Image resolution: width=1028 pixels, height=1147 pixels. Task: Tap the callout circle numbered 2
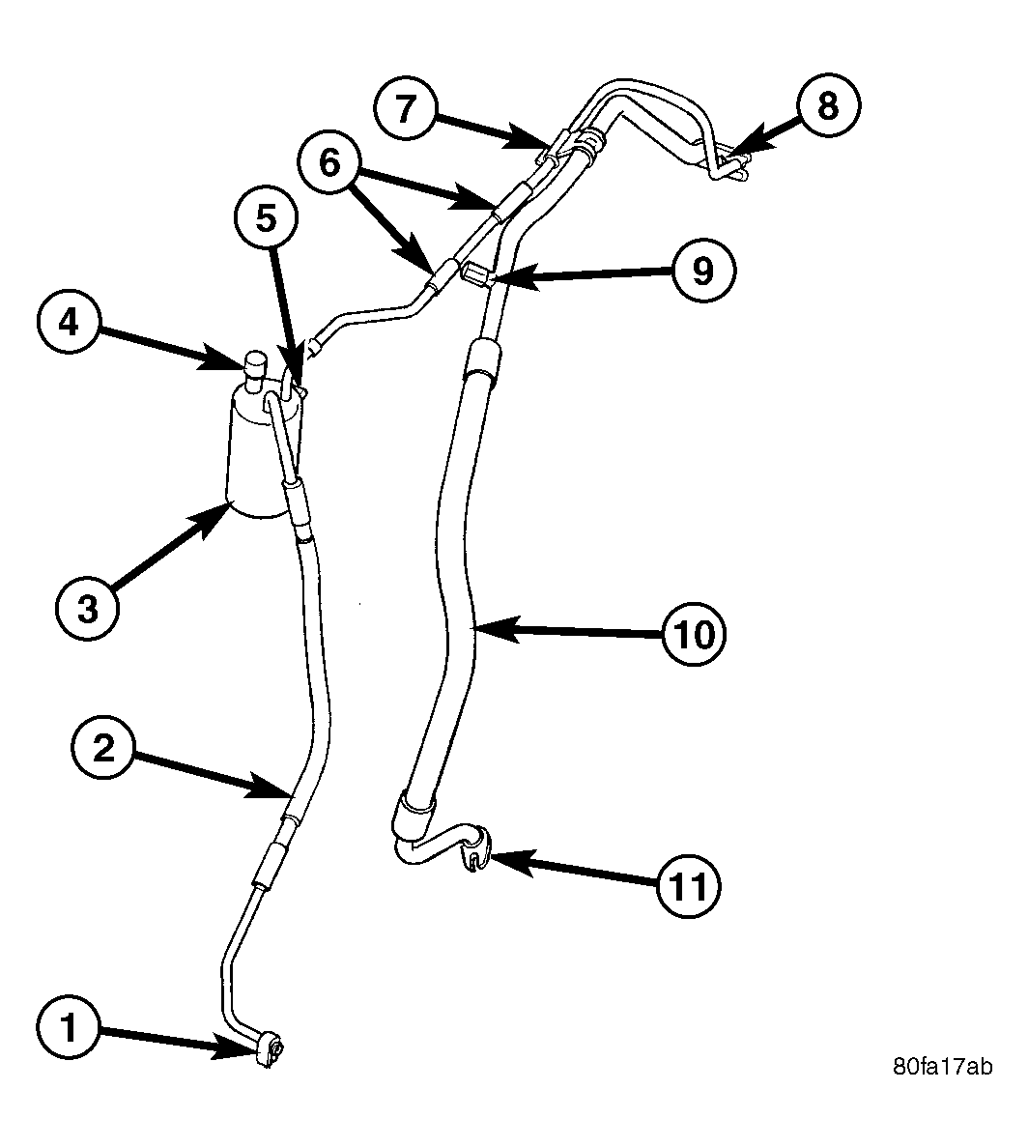103,748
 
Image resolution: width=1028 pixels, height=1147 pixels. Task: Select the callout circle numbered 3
87,608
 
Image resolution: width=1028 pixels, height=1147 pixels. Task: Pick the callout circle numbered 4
69,323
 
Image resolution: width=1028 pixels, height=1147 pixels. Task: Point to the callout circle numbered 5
266,218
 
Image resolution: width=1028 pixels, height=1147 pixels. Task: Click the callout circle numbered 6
329,162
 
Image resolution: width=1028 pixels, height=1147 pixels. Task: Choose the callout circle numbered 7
405,108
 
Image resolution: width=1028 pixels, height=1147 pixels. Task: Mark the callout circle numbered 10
694,634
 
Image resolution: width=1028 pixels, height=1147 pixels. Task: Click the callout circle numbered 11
688,887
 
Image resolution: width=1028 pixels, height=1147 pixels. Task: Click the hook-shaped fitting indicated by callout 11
476,848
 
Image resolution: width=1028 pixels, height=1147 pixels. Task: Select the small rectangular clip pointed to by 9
475,275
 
